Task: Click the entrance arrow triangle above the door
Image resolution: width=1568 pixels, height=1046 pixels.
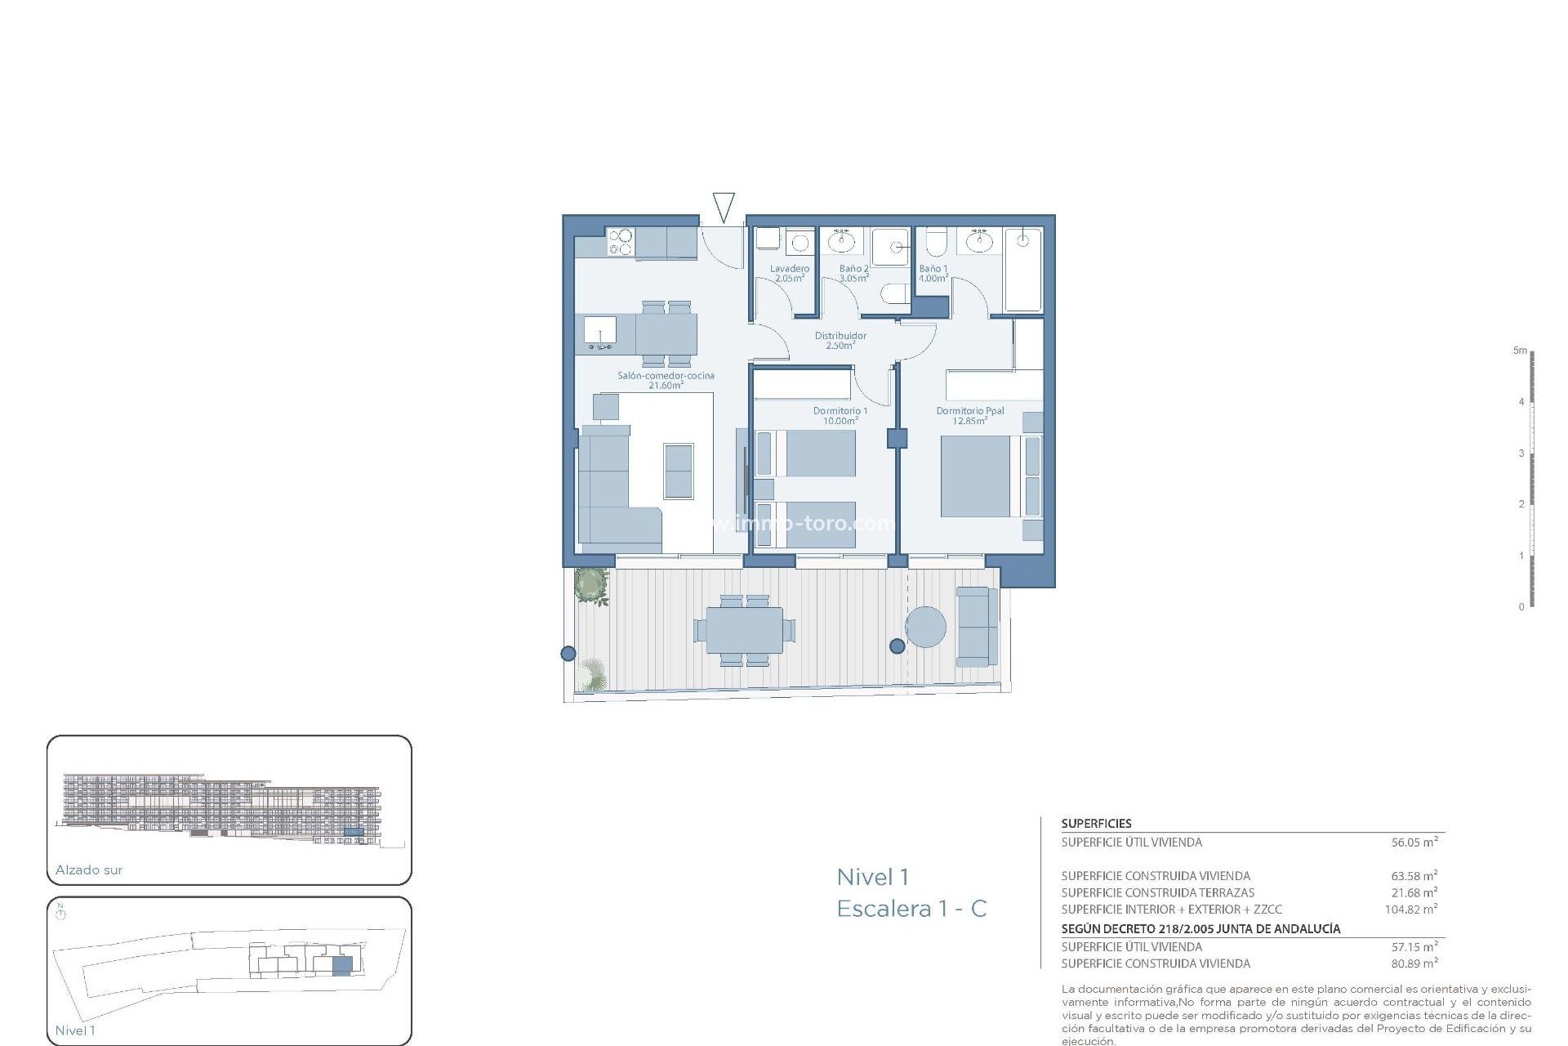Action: [724, 206]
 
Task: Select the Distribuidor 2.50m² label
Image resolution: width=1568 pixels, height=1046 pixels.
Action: [840, 340]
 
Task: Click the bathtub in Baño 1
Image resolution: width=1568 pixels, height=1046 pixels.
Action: [1023, 270]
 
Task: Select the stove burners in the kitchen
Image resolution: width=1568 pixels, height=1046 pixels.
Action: [621, 242]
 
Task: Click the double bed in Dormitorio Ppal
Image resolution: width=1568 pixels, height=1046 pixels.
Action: [977, 476]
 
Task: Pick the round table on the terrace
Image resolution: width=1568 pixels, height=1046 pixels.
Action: [926, 627]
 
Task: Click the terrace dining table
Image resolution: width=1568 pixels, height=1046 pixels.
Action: [744, 631]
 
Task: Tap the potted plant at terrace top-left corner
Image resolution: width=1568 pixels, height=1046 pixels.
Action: [591, 586]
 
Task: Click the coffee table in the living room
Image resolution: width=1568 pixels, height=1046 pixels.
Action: [678, 471]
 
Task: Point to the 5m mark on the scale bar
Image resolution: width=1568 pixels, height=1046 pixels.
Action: [1520, 351]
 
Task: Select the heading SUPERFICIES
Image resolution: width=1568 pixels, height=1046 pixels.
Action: [1096, 824]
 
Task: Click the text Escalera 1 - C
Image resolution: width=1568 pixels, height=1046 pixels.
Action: [911, 908]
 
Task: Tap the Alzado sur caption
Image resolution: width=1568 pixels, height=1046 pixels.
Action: [89, 870]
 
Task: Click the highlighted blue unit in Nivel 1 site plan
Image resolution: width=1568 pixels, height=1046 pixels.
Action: [342, 965]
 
